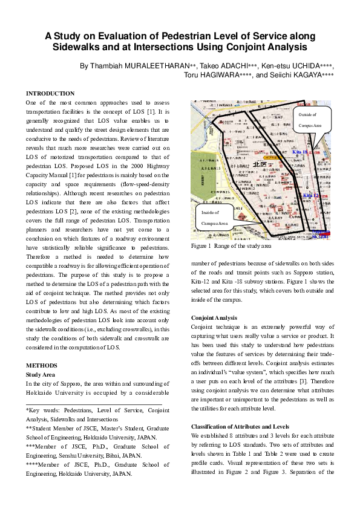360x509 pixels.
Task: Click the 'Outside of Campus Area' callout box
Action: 313,119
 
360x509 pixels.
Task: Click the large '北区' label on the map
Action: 260,164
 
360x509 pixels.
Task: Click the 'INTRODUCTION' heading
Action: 50,94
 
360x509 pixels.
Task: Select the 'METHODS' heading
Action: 41,366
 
